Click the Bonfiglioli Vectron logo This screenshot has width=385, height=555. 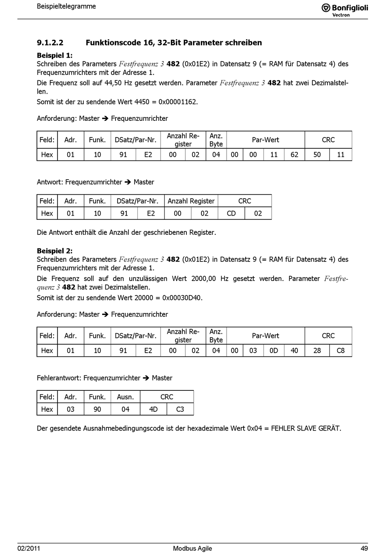point(344,9)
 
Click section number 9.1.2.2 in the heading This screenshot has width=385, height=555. point(50,43)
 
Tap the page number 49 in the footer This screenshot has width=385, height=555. point(364,548)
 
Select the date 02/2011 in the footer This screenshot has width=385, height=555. point(29,548)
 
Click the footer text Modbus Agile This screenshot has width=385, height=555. point(192,548)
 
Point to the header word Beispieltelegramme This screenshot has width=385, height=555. point(66,6)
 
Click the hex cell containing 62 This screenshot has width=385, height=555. point(294,154)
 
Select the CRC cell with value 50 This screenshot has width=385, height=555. point(317,154)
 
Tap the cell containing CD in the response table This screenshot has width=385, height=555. point(231,213)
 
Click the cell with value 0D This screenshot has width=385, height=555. point(274,350)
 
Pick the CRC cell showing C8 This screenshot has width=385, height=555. point(340,350)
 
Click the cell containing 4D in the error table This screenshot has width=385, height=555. point(153,409)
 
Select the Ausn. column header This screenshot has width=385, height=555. point(125,397)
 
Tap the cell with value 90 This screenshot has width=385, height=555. point(97,409)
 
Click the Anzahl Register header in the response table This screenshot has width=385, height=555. point(191,201)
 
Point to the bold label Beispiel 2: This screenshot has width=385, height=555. point(55,251)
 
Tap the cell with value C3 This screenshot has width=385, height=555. point(180,409)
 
